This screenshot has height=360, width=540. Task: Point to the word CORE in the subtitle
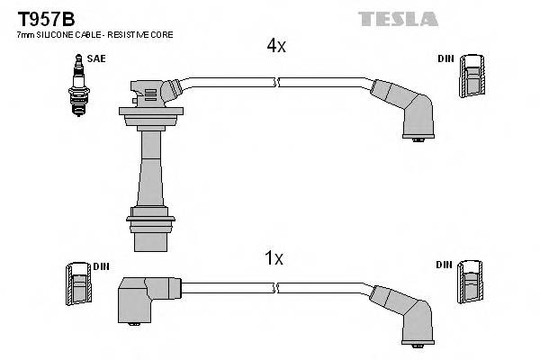click(161, 34)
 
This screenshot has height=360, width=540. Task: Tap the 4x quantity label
click(275, 46)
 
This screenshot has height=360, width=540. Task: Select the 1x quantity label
click(274, 258)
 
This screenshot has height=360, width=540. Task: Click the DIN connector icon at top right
click(472, 77)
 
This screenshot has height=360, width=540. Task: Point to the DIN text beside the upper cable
click(446, 58)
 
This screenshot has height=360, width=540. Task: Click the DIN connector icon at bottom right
click(471, 286)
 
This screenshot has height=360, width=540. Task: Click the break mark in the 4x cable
click(279, 83)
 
